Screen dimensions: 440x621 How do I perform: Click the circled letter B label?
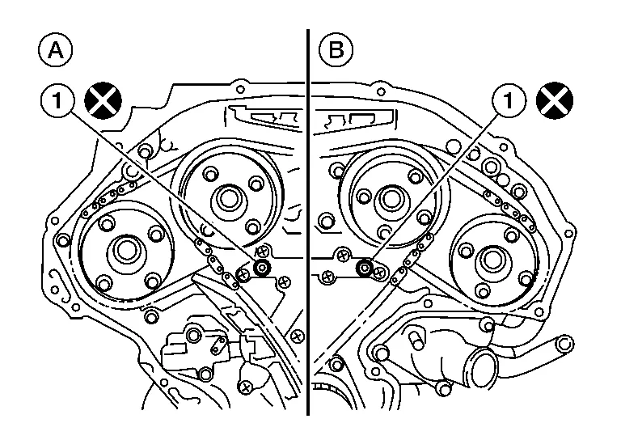tap(334, 51)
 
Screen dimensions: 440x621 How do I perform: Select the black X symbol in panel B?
tap(556, 101)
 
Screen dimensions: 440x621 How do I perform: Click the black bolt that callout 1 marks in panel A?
tap(261, 268)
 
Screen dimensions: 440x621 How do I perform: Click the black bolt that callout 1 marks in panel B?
tap(365, 269)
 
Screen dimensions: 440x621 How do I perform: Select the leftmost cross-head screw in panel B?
tap(327, 276)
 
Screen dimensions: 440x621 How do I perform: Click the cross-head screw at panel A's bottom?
tap(246, 388)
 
